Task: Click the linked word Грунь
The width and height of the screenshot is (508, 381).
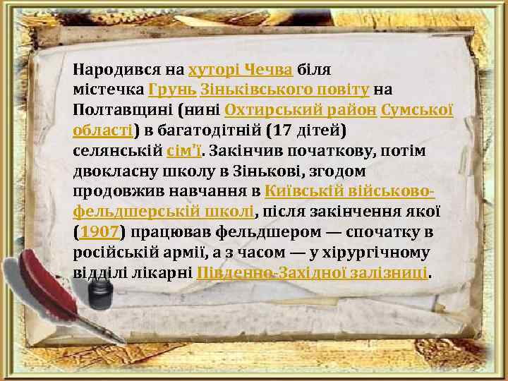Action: [171, 90]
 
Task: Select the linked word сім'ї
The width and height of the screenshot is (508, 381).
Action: [185, 151]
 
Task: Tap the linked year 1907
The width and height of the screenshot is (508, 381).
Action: [99, 231]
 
